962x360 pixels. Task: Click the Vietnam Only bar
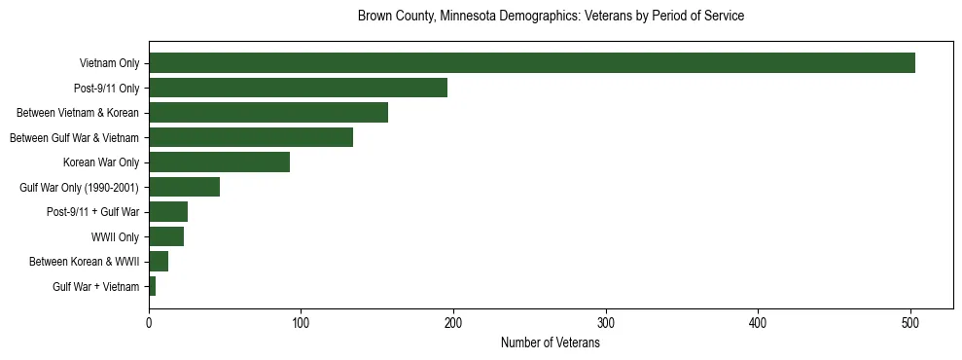pos(531,63)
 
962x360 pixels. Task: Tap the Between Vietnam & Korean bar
pos(268,113)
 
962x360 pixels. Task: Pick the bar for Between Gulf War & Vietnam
pos(251,137)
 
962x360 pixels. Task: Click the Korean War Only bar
pos(219,162)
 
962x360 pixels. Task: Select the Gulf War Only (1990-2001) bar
pos(184,187)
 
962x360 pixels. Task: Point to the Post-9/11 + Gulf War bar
pos(168,211)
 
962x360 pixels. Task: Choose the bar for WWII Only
pos(166,236)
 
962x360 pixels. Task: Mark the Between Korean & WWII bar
pos(159,261)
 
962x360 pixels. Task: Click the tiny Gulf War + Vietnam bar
pos(153,286)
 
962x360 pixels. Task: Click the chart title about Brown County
pos(551,17)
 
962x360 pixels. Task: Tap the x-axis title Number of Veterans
pos(551,343)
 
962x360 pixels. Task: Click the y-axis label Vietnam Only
pos(108,63)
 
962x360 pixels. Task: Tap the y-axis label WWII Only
pos(115,236)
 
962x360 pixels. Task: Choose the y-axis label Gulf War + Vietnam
pos(95,286)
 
